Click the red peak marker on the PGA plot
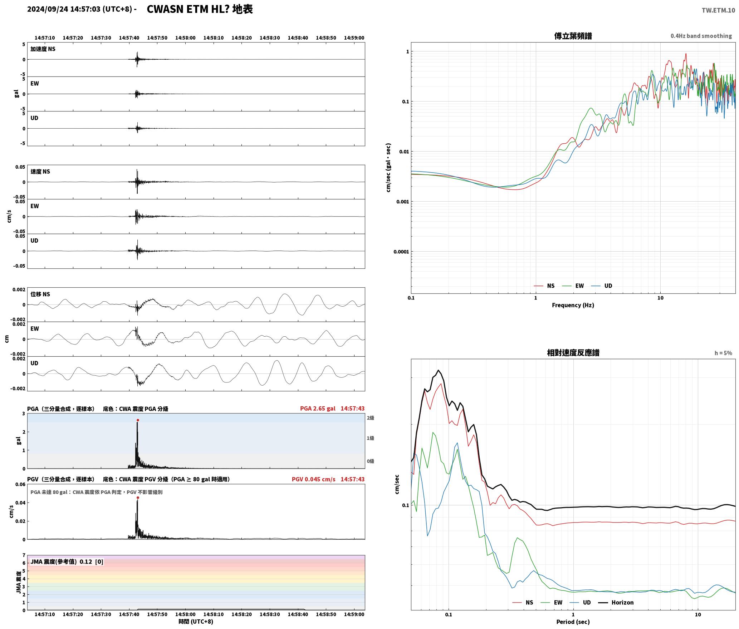138,420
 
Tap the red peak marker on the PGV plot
138,497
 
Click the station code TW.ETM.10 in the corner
718,10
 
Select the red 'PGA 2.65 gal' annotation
318,408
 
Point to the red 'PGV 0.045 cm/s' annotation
314,479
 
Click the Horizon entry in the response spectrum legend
616,603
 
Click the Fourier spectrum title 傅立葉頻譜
573,36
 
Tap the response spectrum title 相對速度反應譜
573,353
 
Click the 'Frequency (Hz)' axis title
573,305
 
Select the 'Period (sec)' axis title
573,622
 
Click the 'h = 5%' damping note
723,353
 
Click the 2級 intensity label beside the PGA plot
370,418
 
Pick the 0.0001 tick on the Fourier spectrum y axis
401,252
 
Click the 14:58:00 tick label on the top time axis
185,38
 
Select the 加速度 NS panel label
43,49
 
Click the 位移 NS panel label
40,294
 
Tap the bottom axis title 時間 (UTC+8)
196,621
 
